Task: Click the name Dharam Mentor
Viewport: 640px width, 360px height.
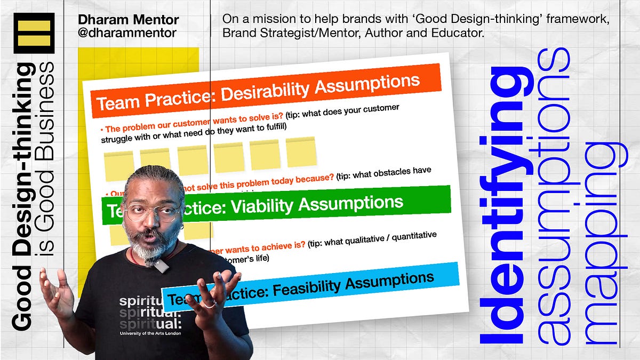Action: pos(128,20)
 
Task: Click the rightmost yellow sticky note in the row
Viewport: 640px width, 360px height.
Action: pos(301,152)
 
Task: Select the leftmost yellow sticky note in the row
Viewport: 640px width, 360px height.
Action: pos(118,165)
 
